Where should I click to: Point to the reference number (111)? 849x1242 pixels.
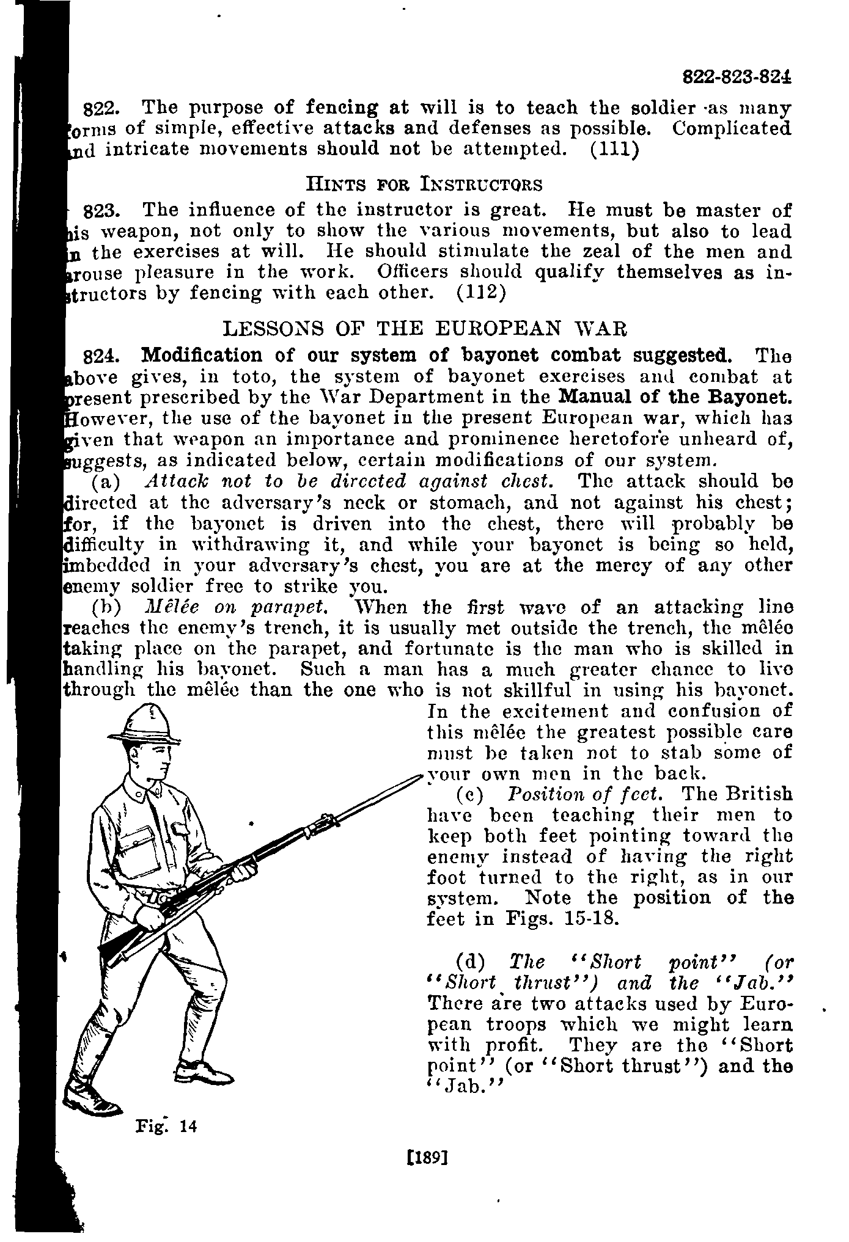pos(615,150)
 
